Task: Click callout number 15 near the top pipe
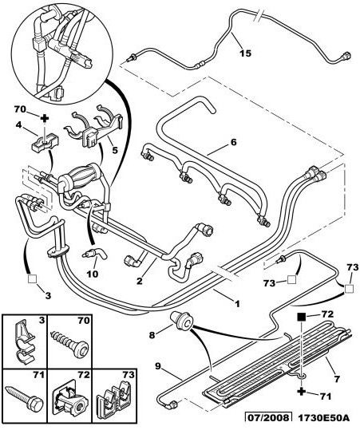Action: (x=246, y=53)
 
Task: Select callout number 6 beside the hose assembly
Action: (x=233, y=142)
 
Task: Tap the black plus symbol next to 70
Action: (x=45, y=119)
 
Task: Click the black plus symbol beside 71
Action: (x=301, y=392)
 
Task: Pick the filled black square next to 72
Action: (x=301, y=317)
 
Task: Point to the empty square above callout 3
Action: (x=32, y=278)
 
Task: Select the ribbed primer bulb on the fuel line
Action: (x=81, y=177)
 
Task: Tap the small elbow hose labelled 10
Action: (x=95, y=254)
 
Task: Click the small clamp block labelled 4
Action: (x=45, y=143)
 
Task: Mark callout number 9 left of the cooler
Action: (x=158, y=366)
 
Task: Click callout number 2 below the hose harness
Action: (x=140, y=281)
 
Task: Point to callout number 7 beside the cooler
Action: (x=337, y=379)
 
